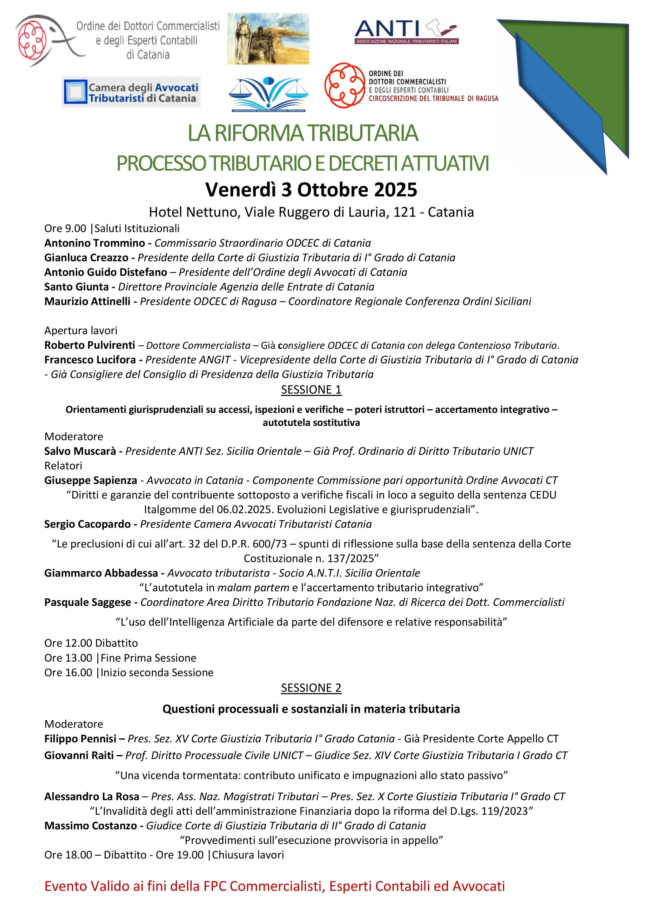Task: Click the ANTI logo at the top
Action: coord(406,31)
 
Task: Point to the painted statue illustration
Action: coord(268,39)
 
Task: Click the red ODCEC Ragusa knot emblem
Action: coord(344,85)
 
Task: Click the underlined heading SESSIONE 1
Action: coord(311,390)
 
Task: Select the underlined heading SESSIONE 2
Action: coord(311,688)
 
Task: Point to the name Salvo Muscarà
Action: coord(80,451)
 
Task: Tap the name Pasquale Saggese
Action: coord(87,602)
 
